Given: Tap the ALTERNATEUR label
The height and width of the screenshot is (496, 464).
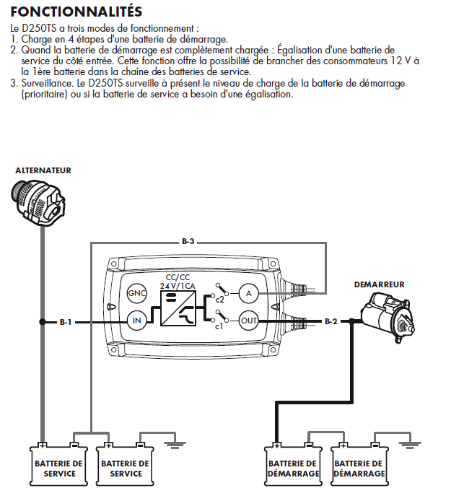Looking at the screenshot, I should point(43,170).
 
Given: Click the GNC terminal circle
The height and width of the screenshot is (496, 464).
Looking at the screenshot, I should point(136,293).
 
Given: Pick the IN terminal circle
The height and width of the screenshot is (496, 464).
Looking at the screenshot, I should point(136,321).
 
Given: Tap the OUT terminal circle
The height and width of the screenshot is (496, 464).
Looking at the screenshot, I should point(249,321).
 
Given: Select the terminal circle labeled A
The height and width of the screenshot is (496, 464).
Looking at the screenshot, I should point(249,293).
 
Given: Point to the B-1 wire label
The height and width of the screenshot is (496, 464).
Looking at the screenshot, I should point(66,321).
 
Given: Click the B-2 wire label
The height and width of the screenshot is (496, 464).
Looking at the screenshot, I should point(331,321).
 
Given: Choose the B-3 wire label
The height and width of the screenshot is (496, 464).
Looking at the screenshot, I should point(188,241).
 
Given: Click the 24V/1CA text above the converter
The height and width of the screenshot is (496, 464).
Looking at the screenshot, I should point(176,287).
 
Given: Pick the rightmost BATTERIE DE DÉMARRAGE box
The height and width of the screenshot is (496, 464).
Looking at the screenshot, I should point(359,469).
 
